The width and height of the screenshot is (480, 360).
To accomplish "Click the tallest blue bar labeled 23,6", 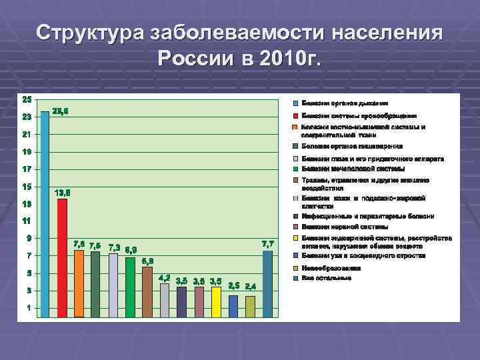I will (x=45, y=213).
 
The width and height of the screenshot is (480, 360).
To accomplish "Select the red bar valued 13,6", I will (x=62, y=257).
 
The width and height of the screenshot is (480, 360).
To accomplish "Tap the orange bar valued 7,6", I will (x=79, y=283).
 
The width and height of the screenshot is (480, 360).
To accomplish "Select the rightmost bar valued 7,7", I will (x=267, y=283).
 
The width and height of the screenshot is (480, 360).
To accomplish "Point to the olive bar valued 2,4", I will (x=250, y=306).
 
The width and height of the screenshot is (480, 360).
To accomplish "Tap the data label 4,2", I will (x=164, y=277).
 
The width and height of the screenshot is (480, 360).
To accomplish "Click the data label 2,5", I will (x=234, y=285).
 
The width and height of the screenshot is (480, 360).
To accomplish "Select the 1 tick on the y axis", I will (x=29, y=308).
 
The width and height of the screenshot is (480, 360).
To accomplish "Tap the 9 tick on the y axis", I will (x=29, y=238).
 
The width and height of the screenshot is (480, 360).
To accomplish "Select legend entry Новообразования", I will (x=331, y=268).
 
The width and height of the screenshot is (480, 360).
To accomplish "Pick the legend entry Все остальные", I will (x=326, y=277).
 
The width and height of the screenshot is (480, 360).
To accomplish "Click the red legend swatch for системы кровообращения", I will (x=295, y=115).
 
